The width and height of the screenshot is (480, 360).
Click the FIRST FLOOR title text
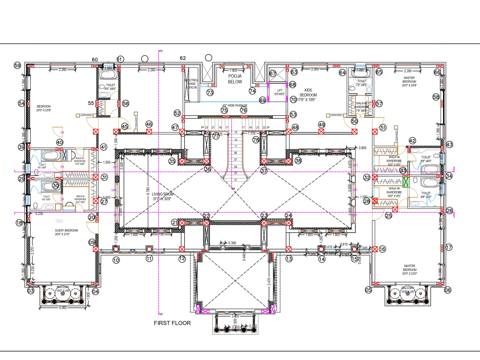coord(172,323)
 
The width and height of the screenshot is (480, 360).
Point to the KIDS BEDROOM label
coord(308,92)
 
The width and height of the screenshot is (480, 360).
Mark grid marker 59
coord(18,65)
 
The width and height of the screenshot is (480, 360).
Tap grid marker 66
coord(437,72)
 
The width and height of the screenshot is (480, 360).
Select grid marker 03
coord(30,291)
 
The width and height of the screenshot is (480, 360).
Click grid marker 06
coord(447,290)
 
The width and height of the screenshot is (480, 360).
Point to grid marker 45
coord(125,126)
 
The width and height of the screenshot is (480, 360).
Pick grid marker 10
coord(116,260)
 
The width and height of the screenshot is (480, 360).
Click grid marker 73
coord(210,92)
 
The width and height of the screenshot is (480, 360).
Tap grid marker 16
coord(382,249)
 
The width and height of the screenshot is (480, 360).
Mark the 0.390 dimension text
coord(232,243)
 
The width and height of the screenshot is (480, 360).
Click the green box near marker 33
coord(406,182)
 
